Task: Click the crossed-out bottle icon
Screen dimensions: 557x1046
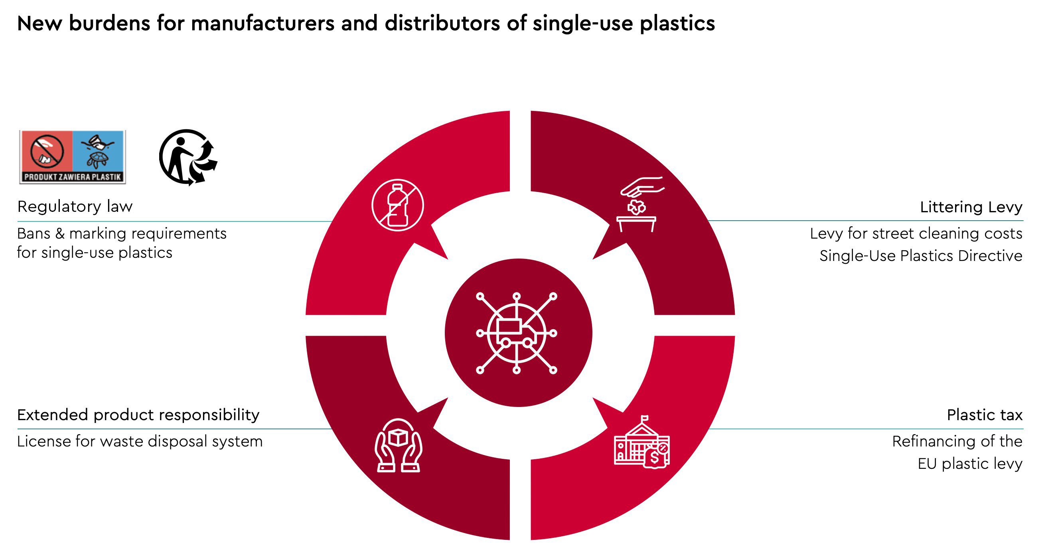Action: coord(397,205)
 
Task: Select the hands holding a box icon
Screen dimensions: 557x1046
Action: coord(399,445)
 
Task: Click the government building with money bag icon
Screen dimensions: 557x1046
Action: coord(641,443)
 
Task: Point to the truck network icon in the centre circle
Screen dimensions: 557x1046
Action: coord(517,333)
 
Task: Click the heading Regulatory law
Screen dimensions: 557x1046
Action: coord(75,207)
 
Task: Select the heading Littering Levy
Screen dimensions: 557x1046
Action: coord(971,207)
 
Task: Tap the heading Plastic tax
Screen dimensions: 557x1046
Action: coord(984,415)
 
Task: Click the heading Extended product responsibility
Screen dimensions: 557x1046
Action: coord(138,415)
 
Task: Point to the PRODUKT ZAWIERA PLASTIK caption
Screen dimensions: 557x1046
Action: coord(73,177)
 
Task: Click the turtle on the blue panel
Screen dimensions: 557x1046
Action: coord(97,159)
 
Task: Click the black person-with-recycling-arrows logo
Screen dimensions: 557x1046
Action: coord(187,157)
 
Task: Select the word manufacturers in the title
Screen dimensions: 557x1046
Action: coord(262,23)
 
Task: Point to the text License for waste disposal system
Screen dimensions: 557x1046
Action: coord(140,441)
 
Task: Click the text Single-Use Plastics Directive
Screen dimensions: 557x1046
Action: coord(920,256)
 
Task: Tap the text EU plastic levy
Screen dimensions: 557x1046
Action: coord(970,464)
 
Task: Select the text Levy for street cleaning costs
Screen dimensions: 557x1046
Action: coord(916,233)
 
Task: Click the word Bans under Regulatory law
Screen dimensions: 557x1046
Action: coord(34,234)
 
